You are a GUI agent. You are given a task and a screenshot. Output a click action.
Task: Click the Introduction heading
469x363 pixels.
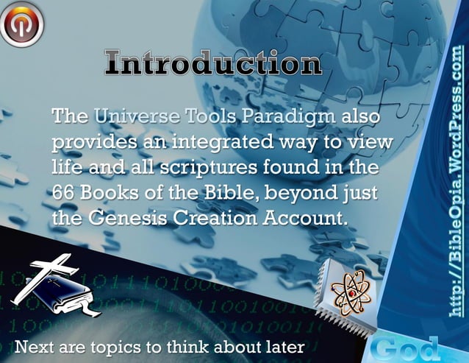[212, 64]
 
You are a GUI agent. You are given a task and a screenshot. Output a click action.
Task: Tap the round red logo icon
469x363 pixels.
[21, 22]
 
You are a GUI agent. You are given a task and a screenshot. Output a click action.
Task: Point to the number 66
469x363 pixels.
[63, 194]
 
